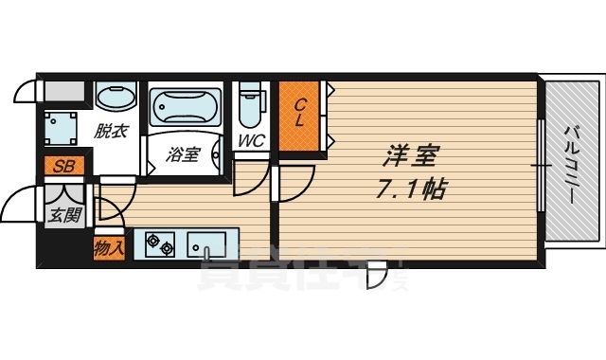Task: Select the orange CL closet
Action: (298, 114)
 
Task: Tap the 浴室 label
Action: (184, 153)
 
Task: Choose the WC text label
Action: (251, 140)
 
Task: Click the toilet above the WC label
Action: (250, 107)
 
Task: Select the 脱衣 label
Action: (112, 132)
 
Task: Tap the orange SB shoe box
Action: (64, 167)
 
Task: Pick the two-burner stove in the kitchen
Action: (160, 246)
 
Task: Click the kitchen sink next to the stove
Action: (207, 246)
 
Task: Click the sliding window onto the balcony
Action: (541, 166)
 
